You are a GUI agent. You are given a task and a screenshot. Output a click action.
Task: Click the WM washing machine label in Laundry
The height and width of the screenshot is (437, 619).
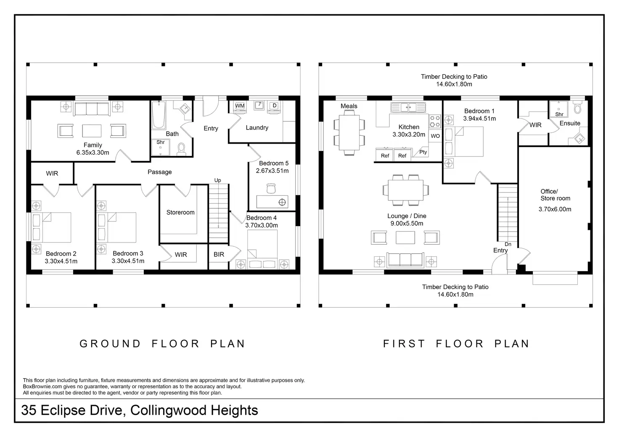240,106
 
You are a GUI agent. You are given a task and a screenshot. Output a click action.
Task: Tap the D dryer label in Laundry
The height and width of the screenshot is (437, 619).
275,105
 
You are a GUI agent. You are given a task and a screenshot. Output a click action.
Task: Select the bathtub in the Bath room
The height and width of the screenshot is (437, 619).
159,115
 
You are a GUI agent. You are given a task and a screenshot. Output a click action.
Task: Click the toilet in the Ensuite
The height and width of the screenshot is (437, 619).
577,107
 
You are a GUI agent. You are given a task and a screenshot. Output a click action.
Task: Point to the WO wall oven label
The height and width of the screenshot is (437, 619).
435,136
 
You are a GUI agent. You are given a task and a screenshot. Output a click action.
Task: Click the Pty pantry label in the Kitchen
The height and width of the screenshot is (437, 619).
423,152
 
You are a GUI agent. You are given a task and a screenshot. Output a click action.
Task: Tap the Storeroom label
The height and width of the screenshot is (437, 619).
180,212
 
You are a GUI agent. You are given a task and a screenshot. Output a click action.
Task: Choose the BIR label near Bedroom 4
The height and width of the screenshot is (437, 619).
219,254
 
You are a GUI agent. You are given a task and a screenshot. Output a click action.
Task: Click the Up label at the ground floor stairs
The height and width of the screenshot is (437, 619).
218,180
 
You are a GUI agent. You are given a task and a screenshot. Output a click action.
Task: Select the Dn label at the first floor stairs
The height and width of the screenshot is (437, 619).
508,244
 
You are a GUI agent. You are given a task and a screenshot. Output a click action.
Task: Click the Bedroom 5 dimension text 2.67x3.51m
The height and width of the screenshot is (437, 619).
272,171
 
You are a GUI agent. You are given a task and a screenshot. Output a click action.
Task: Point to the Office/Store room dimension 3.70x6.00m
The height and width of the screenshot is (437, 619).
555,209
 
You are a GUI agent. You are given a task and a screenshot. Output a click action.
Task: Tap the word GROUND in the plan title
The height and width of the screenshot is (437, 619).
110,344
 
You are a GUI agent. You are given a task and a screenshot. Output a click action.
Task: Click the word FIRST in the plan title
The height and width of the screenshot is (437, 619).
404,344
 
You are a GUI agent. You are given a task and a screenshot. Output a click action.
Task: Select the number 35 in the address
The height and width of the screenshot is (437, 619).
29,410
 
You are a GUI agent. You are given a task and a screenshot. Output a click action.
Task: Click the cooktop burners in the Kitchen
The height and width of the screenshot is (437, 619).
435,121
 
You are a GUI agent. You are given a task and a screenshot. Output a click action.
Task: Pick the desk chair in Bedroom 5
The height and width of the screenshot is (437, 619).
271,189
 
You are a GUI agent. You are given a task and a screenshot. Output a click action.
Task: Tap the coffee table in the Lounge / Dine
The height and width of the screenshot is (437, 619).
405,238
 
